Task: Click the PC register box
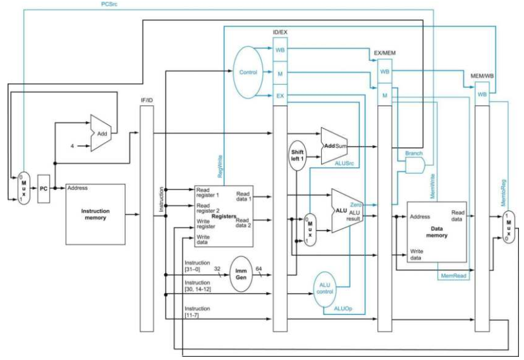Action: [44, 189]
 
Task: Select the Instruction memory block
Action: [95, 214]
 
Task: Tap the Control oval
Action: [248, 72]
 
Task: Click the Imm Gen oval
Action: [241, 274]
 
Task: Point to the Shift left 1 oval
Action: [297, 155]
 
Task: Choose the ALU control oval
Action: [324, 289]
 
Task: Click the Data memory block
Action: [437, 232]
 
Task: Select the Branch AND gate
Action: [415, 165]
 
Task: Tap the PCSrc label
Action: [109, 4]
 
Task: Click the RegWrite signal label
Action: [220, 166]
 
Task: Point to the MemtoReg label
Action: [503, 193]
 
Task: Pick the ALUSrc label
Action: [344, 164]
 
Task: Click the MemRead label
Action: [453, 275]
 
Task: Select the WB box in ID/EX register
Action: [280, 50]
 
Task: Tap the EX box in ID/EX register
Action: [280, 96]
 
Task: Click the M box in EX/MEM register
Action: [385, 95]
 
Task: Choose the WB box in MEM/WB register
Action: [482, 95]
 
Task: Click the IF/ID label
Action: [147, 100]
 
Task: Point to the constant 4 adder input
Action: [72, 146]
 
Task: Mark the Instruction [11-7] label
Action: [197, 311]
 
